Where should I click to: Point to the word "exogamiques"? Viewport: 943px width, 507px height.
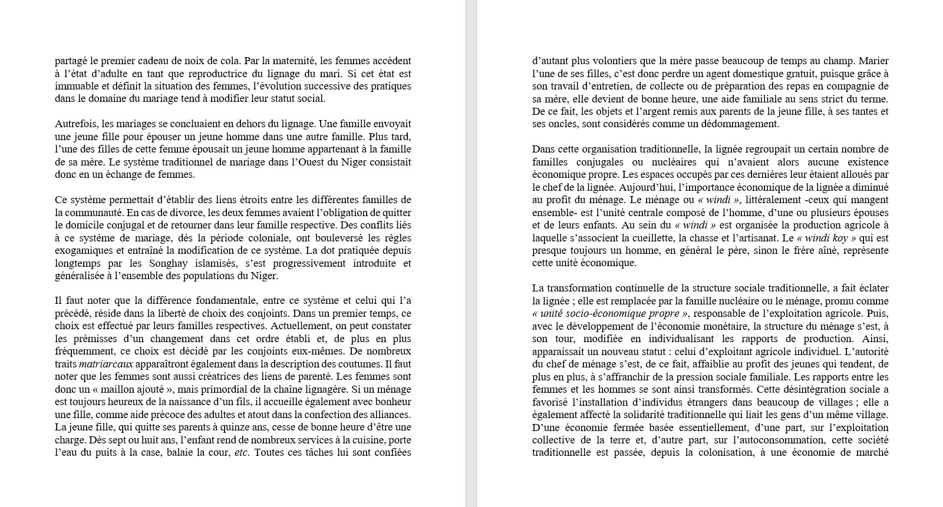[x=83, y=250]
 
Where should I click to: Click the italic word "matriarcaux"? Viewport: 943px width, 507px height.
[x=106, y=364]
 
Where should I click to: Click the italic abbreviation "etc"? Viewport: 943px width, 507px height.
[x=241, y=452]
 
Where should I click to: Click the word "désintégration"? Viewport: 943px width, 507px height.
[x=815, y=389]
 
